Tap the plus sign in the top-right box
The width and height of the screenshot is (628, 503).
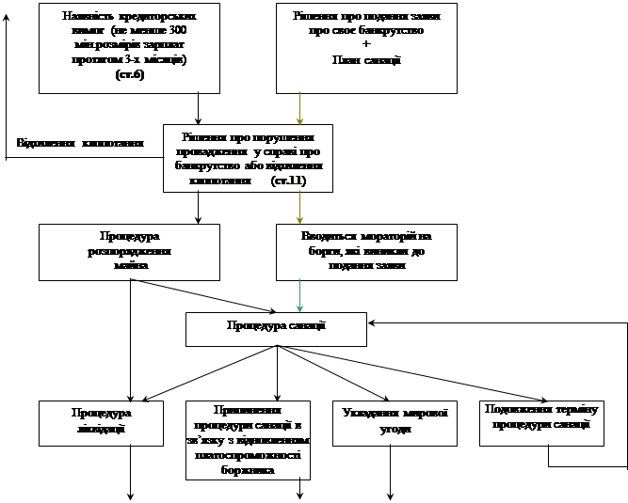[x=366, y=45]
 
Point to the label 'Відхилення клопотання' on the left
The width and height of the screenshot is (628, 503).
[x=80, y=144]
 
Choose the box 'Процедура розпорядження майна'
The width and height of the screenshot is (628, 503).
[x=129, y=251]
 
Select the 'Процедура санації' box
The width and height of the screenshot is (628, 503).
[x=276, y=328]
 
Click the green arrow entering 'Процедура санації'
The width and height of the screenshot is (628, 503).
[x=299, y=295]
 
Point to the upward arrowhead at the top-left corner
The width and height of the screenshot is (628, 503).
[x=7, y=21]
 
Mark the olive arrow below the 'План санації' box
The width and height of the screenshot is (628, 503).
[x=299, y=108]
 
